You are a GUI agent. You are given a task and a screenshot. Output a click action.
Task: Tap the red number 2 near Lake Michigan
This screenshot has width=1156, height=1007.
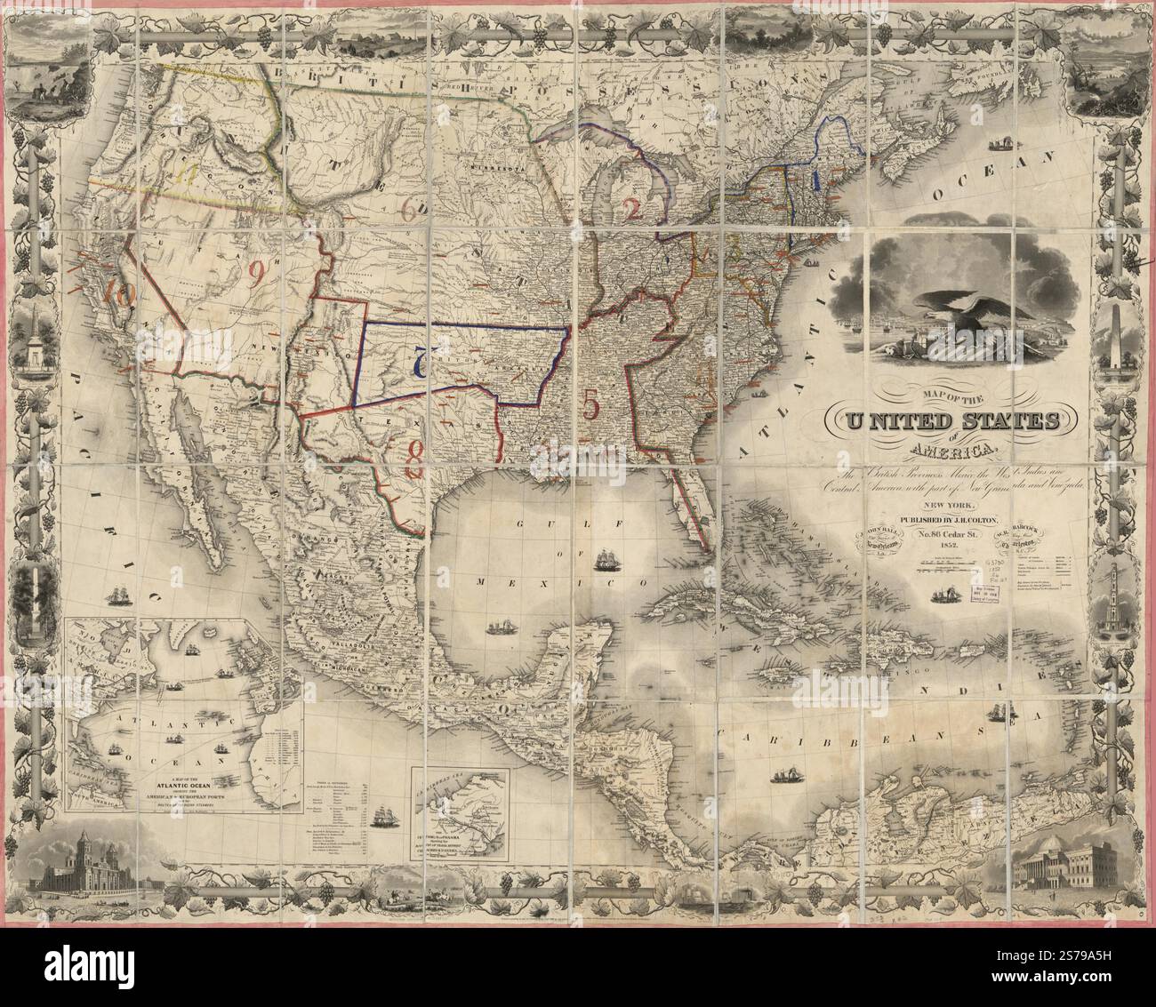click(632, 210)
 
